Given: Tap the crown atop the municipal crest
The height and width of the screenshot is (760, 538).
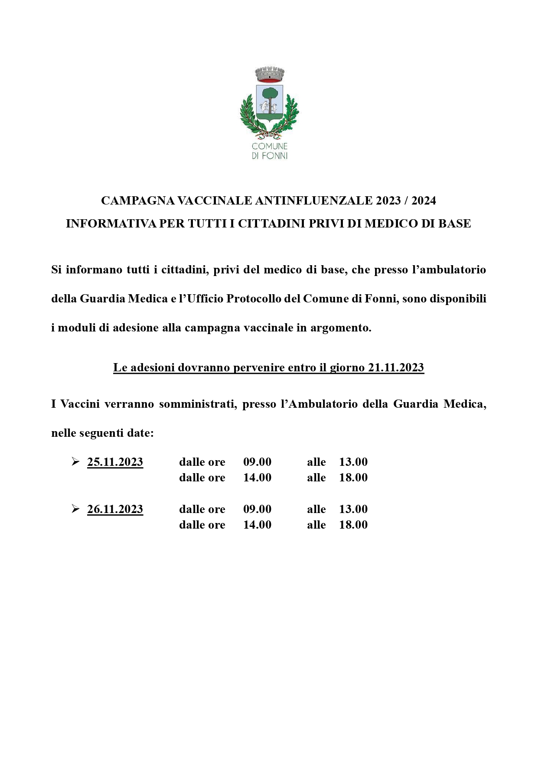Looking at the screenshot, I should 269,74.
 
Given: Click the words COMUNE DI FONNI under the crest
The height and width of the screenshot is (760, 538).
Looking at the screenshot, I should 269,151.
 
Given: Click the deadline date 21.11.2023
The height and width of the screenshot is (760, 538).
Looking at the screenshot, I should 396,367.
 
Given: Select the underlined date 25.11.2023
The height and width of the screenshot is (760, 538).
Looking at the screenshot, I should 115,462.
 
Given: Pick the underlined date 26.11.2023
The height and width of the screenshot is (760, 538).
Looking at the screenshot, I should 115,509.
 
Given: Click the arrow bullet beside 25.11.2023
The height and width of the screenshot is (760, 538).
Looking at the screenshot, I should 75,462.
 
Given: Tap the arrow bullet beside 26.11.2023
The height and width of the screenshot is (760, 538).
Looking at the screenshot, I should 75,509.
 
